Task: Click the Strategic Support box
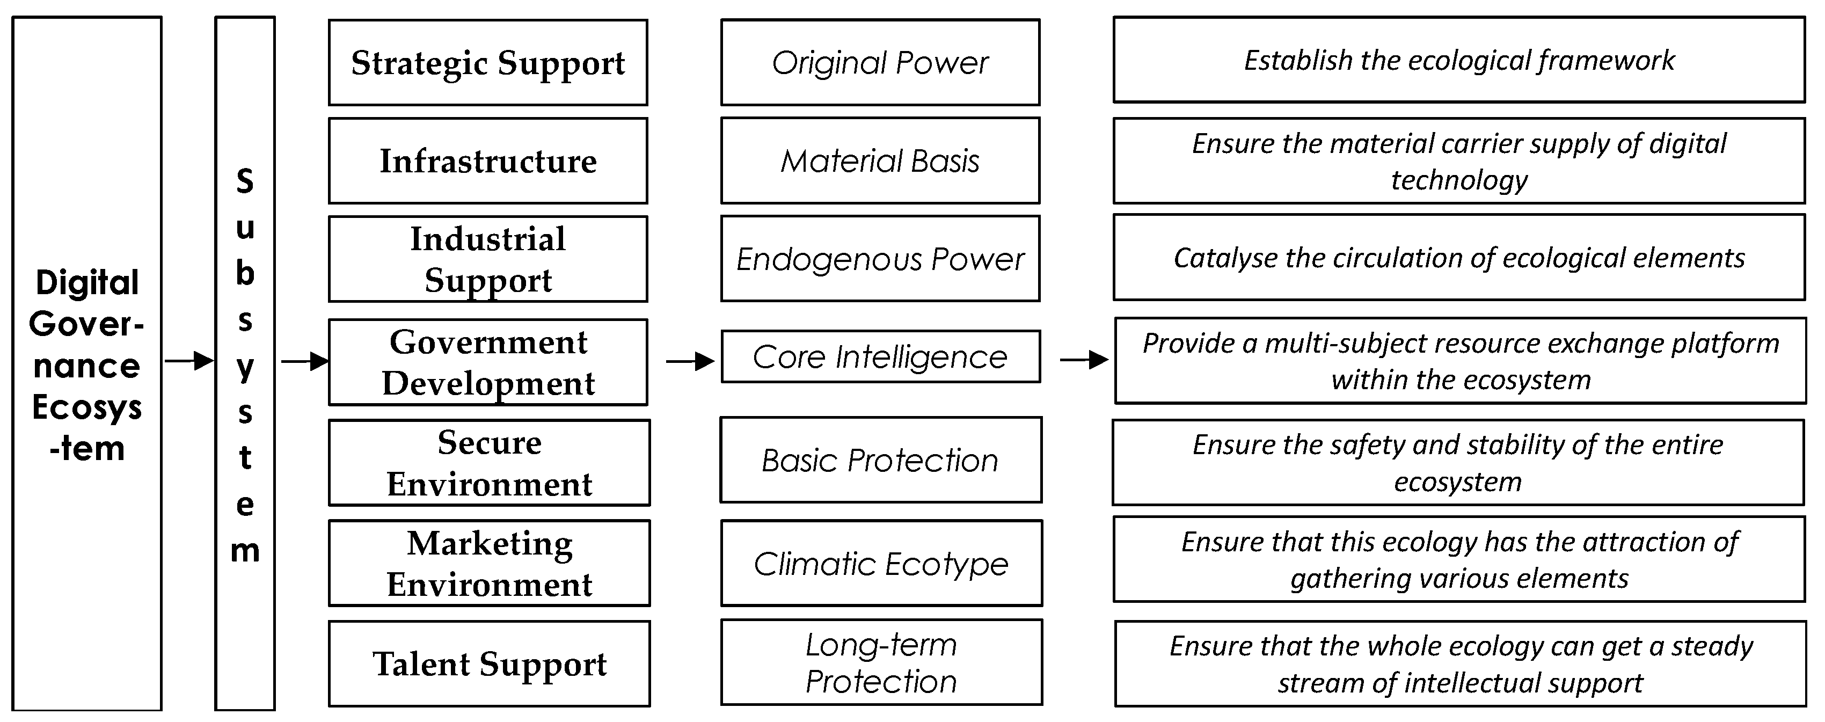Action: (487, 62)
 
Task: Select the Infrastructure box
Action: (487, 161)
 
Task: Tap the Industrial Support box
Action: (487, 259)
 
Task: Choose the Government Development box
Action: (487, 362)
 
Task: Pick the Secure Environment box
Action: (489, 463)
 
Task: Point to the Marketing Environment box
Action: (489, 563)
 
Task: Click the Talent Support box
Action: (489, 664)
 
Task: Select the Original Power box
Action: (880, 62)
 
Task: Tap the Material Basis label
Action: (880, 161)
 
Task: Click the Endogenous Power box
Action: (880, 259)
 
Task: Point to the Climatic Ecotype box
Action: (881, 563)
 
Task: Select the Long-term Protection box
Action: (881, 662)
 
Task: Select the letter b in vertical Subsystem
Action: (244, 273)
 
